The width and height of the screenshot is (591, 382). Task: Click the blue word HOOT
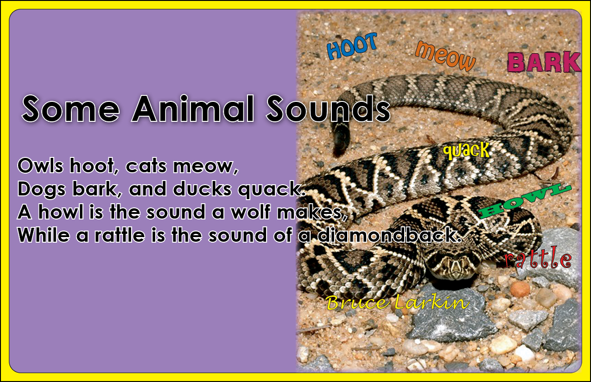point(352,46)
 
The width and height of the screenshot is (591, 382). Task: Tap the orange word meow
point(445,56)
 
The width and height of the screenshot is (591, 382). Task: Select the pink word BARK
point(544,62)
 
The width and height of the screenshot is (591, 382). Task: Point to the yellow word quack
point(466,151)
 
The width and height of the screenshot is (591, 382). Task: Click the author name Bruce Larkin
point(398,302)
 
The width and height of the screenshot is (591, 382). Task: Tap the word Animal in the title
point(193,109)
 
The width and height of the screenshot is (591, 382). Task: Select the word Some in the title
point(71,109)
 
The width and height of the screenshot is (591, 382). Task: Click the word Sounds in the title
point(328,109)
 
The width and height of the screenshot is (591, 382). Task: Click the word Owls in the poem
point(41,166)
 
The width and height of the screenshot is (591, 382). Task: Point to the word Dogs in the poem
point(41,190)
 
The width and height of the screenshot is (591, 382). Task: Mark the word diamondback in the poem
point(389,235)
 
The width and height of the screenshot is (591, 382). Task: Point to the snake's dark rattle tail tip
point(340,140)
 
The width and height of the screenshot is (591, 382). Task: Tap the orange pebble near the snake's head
point(520,289)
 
